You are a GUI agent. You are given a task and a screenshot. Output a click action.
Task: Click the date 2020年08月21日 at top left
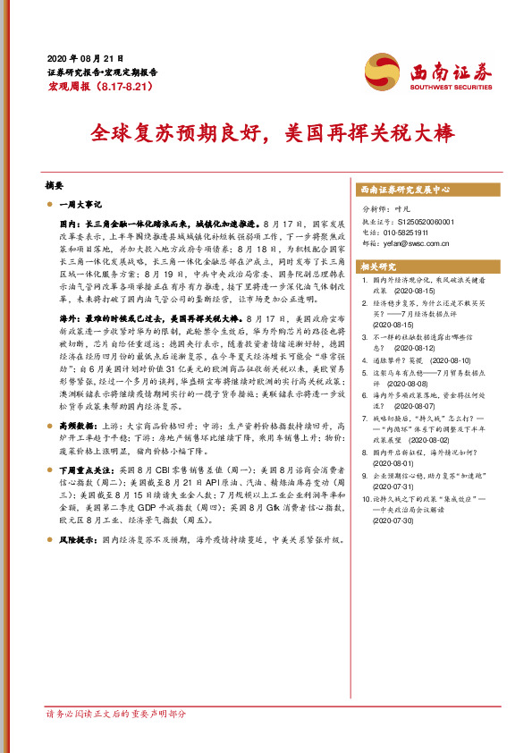(x=84, y=56)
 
